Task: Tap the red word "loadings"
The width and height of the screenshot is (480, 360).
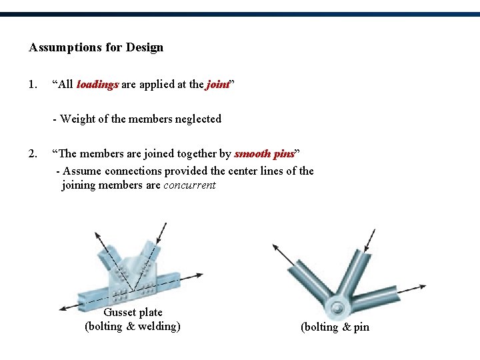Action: (x=97, y=85)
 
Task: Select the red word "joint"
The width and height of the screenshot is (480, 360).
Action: (x=217, y=85)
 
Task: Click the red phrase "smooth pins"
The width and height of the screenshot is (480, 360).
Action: (x=264, y=154)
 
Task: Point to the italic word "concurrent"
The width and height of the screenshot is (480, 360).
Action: (x=189, y=185)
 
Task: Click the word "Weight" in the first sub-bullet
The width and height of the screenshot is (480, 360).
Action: (x=77, y=119)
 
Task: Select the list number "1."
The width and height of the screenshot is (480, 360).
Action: (x=33, y=85)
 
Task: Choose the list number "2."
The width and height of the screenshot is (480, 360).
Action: (x=33, y=154)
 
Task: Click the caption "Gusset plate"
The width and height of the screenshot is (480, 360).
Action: (x=133, y=312)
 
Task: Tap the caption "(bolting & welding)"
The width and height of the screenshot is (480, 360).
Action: (x=133, y=326)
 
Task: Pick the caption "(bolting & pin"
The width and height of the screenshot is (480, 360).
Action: (x=335, y=327)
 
